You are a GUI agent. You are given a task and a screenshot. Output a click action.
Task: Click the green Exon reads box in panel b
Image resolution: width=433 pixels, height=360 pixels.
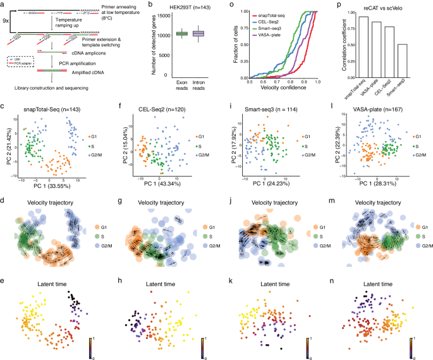tap(164, 34)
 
